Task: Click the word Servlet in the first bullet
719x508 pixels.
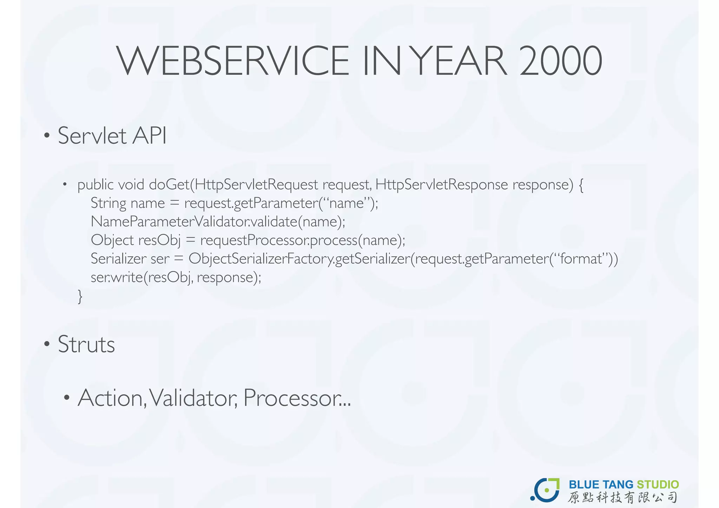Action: click(x=92, y=136)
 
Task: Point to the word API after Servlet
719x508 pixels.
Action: click(x=149, y=136)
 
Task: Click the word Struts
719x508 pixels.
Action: click(x=86, y=344)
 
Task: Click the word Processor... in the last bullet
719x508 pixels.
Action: click(x=297, y=398)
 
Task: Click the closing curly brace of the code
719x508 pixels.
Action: click(x=80, y=297)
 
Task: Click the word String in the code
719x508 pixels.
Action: click(x=108, y=204)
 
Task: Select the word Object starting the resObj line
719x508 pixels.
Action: click(x=112, y=240)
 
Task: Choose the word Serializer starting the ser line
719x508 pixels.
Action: click(x=118, y=259)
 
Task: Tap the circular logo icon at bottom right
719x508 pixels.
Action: click(x=545, y=490)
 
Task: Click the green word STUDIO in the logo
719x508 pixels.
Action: click(x=658, y=485)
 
